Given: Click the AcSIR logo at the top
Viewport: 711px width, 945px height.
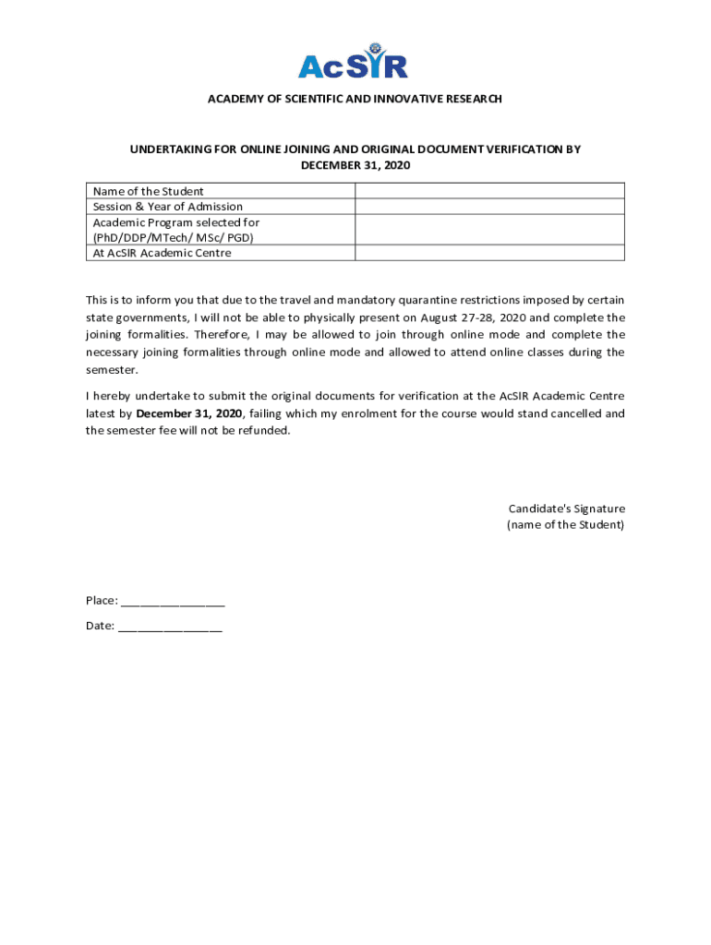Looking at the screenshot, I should tap(353, 61).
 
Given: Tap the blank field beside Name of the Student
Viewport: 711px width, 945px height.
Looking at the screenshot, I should tap(489, 191).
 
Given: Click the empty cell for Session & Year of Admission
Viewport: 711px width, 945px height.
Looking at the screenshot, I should tap(489, 207).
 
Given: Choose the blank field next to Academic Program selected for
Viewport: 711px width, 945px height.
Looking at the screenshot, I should tap(489, 230).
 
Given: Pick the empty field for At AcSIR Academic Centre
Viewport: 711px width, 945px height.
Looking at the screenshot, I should tap(489, 253).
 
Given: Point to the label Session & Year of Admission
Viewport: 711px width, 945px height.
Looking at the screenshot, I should tap(168, 207).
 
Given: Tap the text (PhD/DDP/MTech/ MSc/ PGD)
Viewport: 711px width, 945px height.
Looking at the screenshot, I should tap(173, 237).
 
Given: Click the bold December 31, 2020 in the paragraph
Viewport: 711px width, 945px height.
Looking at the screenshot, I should tap(189, 413).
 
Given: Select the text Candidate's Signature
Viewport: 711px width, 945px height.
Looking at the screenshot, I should tap(566, 508).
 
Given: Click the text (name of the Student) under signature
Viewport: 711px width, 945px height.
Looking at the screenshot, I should tap(565, 525).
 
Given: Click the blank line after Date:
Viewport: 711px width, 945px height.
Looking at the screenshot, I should tap(170, 627).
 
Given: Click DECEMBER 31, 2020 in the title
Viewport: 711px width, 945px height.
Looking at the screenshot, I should tap(355, 165).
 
